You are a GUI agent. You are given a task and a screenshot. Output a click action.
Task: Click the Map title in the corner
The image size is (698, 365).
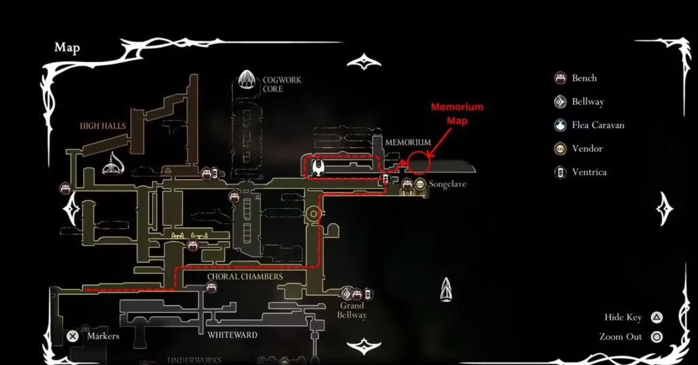(67, 48)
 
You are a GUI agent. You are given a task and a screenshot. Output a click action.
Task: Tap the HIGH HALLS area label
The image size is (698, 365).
(103, 126)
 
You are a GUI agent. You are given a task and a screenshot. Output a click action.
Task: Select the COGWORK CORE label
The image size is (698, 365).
(282, 84)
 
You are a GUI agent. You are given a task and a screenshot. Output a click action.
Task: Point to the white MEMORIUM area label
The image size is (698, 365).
(408, 142)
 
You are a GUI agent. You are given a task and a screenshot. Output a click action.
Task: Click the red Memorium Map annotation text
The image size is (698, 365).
(457, 114)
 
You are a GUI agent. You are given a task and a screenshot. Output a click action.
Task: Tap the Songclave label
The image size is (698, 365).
(447, 185)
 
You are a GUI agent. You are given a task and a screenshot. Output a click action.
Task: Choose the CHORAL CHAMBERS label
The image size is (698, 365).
(242, 276)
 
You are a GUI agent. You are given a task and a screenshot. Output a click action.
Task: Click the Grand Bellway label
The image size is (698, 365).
(352, 311)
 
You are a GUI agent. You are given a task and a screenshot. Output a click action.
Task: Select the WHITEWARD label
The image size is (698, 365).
(232, 334)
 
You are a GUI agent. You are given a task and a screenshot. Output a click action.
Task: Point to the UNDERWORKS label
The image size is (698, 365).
(194, 360)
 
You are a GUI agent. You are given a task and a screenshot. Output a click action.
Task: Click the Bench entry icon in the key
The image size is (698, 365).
(561, 78)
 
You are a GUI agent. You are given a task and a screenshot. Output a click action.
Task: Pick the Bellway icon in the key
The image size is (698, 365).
(561, 102)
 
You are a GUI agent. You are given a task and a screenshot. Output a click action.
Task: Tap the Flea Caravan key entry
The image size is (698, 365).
(589, 125)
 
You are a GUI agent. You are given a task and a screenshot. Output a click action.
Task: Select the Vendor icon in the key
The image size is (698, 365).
(561, 148)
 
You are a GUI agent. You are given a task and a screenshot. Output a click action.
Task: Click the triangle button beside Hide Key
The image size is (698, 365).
(656, 317)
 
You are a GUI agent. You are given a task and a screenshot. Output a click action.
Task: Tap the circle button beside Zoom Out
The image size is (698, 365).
(656, 336)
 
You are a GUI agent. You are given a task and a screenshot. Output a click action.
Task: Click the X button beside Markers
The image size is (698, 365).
(72, 336)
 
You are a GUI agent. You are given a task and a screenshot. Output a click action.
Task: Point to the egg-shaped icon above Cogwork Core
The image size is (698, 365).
(247, 81)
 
